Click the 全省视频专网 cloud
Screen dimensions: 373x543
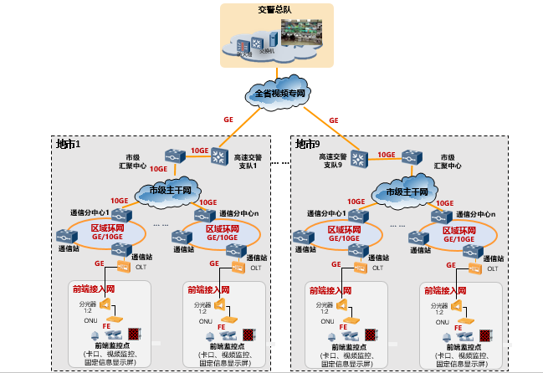point(277,93)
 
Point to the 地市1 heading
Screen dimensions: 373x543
point(67,145)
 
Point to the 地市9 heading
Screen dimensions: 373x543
point(308,145)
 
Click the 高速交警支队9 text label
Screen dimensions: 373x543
point(330,161)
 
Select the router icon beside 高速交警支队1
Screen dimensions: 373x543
point(219,156)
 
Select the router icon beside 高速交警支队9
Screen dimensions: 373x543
point(359,156)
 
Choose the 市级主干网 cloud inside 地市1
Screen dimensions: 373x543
point(171,191)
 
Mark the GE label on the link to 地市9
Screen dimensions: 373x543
point(334,120)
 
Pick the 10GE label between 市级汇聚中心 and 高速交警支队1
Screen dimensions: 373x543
point(199,151)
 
